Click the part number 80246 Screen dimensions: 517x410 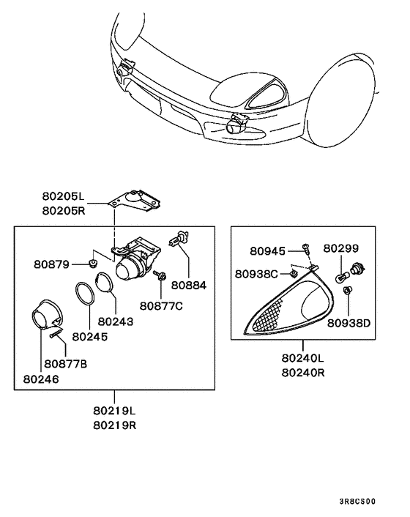tap(40, 379)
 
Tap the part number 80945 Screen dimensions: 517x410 tap(269, 250)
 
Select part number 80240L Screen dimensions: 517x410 tap(302, 359)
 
